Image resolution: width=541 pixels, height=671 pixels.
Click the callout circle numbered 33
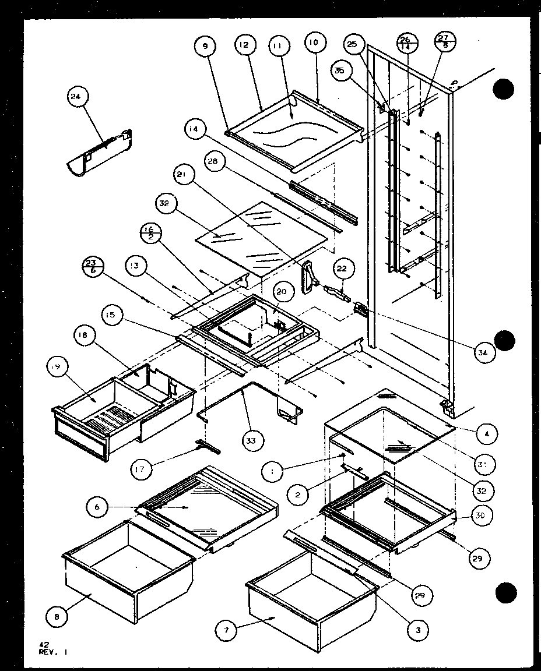coord(251,441)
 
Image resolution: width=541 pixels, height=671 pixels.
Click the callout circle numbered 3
coord(418,629)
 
